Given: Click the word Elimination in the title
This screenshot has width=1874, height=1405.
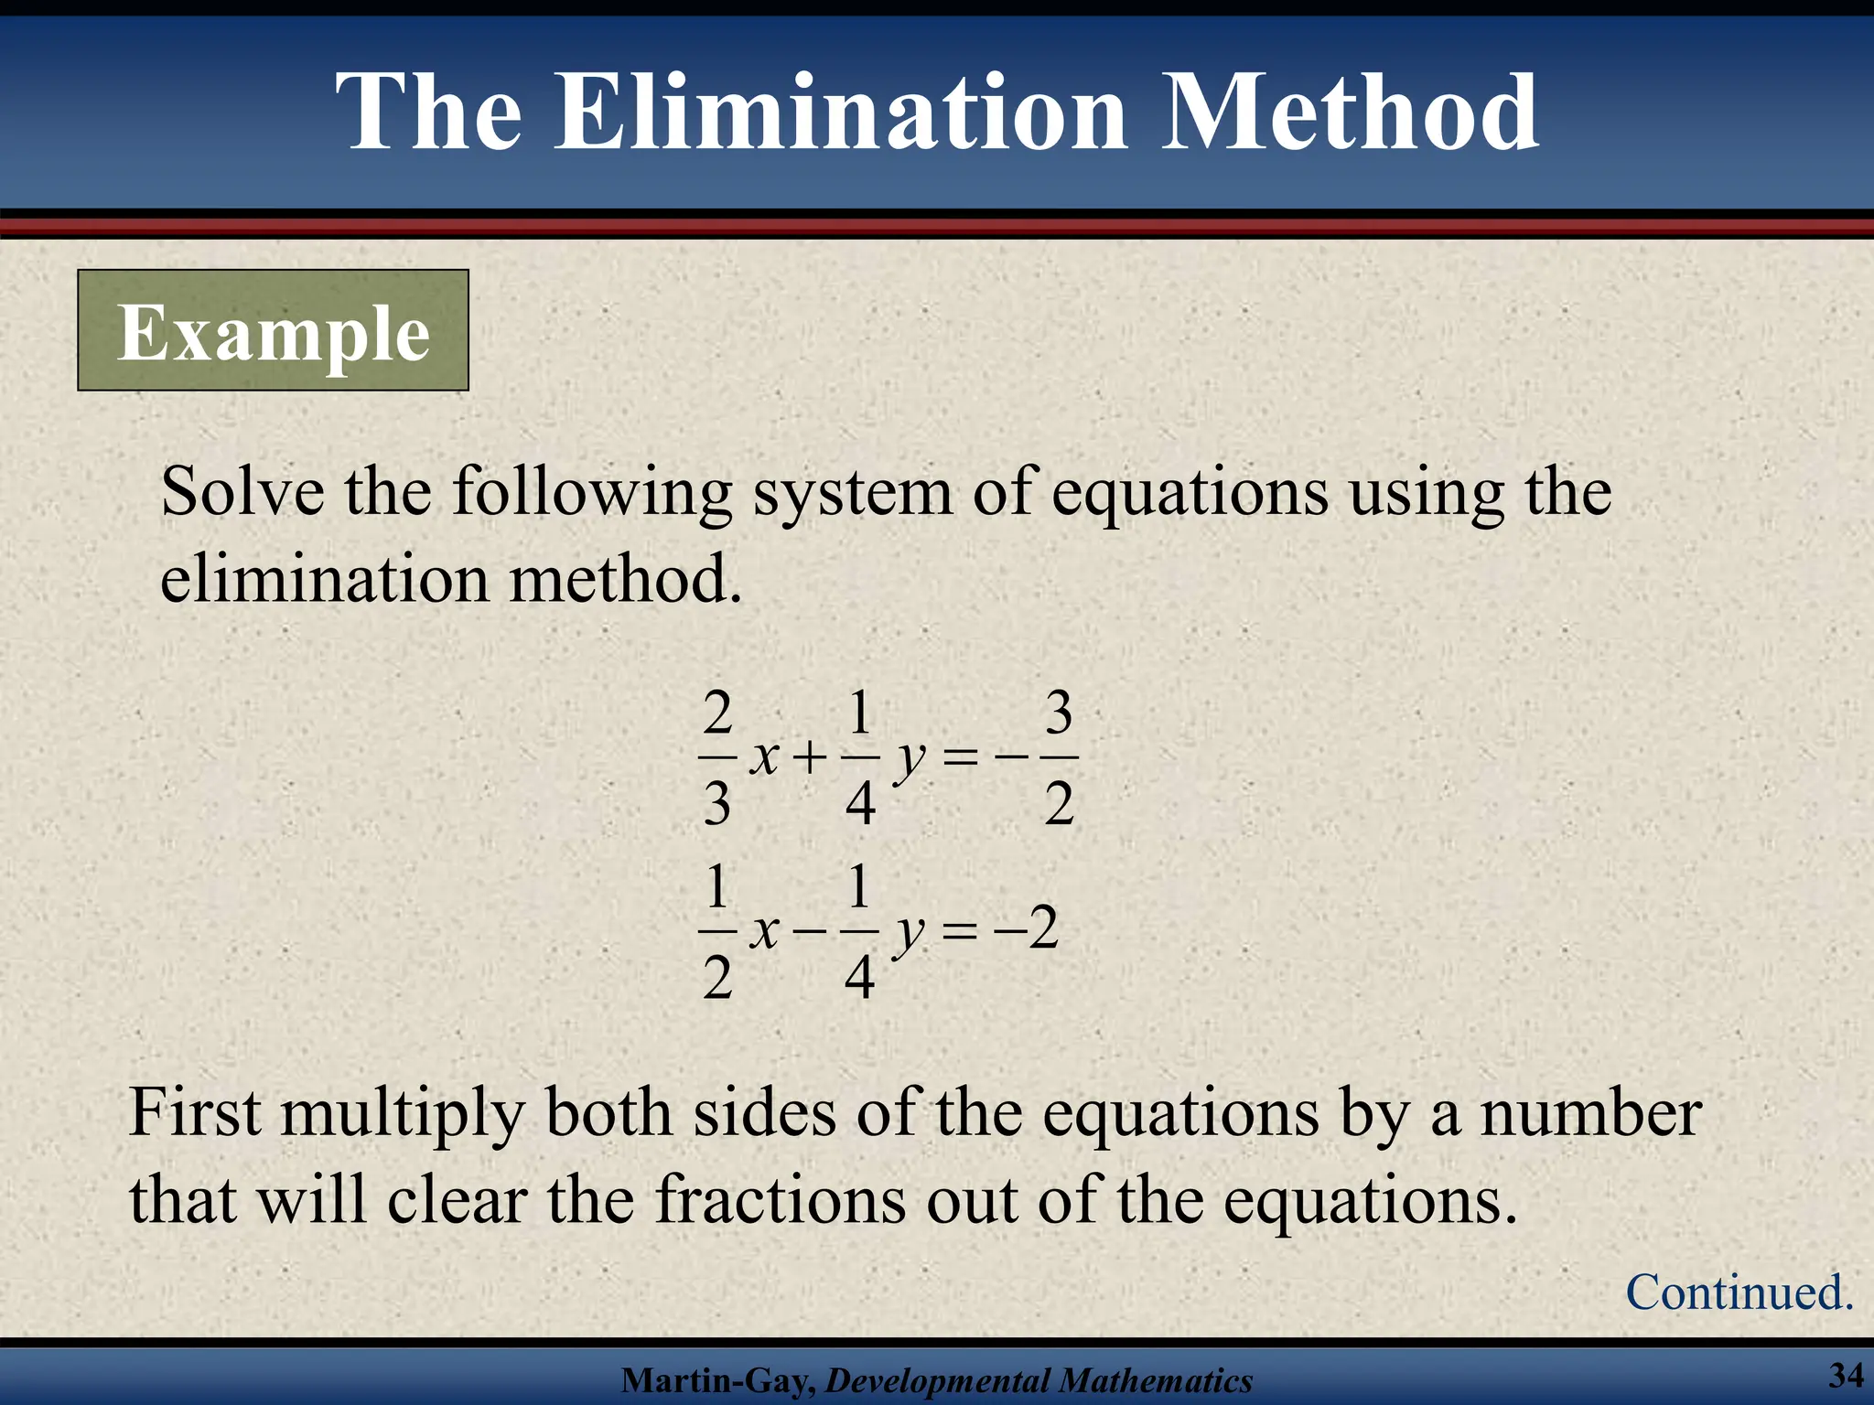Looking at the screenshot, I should click(840, 113).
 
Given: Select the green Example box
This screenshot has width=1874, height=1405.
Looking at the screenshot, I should click(273, 331).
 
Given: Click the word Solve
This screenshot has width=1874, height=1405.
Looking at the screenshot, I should click(242, 492).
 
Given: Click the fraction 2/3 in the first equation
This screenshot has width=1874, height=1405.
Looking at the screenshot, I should click(717, 758).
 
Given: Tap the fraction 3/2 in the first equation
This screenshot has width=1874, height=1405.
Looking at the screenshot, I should click(1059, 758).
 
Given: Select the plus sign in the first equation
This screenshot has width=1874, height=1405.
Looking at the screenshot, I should click(810, 758).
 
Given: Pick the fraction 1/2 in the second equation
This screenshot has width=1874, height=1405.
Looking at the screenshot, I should click(717, 932).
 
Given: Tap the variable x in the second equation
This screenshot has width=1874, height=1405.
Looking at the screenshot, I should click(764, 932).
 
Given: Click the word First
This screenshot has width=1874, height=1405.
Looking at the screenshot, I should click(196, 1113).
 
